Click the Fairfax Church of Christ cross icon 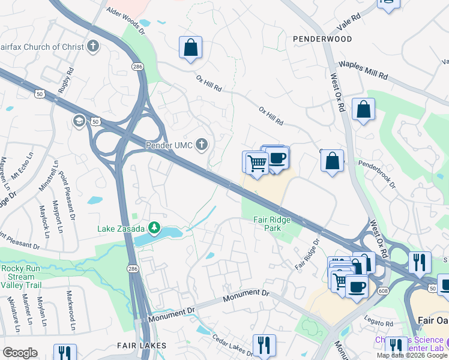(93, 46)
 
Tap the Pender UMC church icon (202, 144)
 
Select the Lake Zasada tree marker (155, 227)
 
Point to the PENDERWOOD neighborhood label (322, 38)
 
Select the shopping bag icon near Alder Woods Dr (190, 48)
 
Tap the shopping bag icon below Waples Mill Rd (363, 110)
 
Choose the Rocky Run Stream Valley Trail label (21, 277)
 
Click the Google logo (20, 353)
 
